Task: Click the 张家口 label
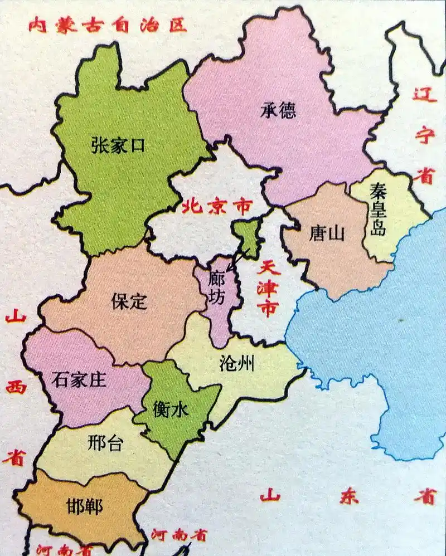[x=118, y=146]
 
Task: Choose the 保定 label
[x=129, y=301]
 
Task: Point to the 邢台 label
[x=105, y=443]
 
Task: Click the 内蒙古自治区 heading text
[x=107, y=25]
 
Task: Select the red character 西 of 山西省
[x=16, y=387]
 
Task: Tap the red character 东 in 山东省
[x=348, y=497]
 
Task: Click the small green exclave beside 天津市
[x=246, y=237]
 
